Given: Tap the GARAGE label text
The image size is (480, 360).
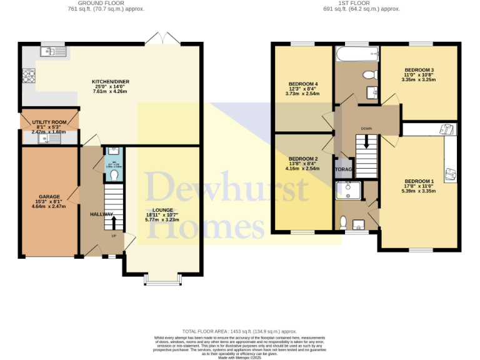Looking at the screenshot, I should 50,197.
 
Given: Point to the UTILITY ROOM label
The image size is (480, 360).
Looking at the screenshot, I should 49,122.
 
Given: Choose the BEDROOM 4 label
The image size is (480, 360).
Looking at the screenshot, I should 303,84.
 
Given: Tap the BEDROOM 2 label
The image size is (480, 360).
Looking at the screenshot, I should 303,159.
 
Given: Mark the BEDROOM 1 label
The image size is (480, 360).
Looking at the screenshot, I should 418,181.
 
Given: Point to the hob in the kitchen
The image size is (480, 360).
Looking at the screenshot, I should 29,76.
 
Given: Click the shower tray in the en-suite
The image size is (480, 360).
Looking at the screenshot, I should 347,189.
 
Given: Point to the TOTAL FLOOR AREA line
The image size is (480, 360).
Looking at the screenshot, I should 239,331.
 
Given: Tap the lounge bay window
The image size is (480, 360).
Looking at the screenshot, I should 162,282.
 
